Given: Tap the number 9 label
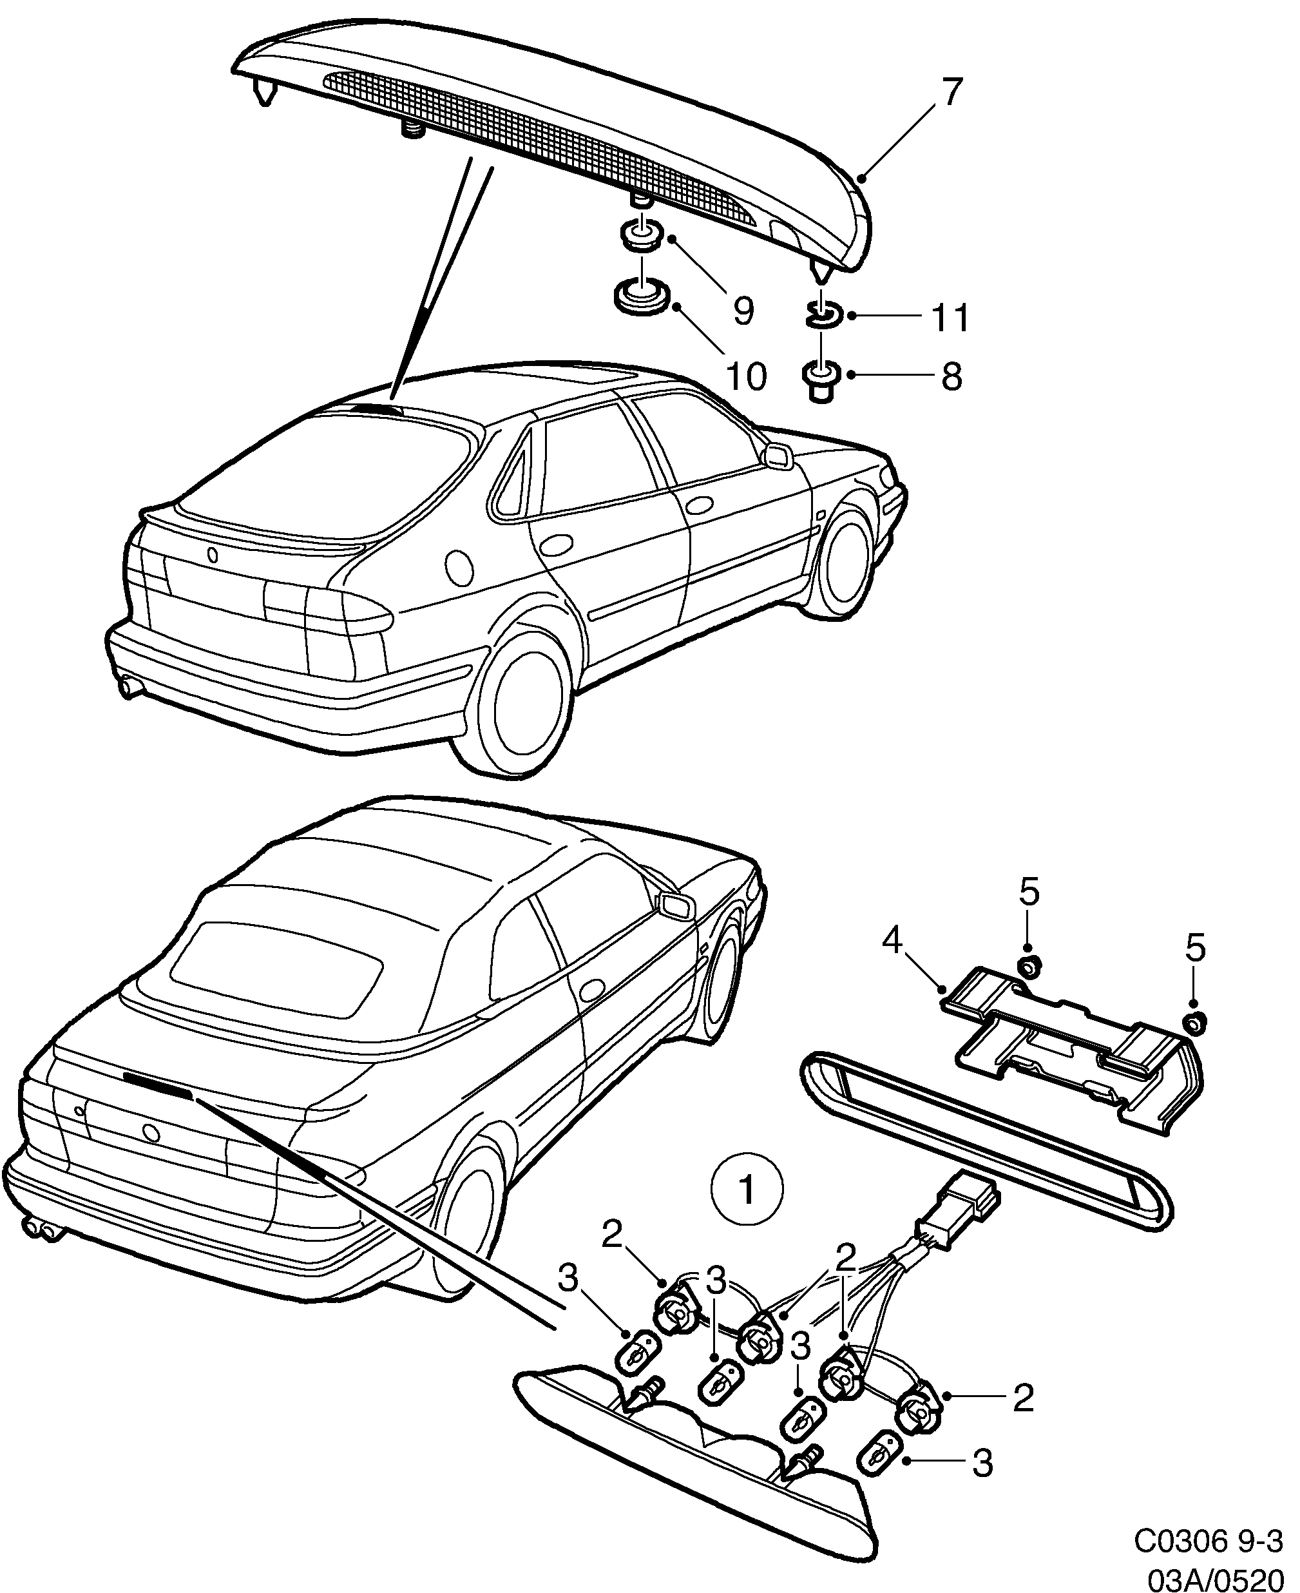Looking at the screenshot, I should (x=742, y=311).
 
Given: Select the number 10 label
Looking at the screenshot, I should (x=746, y=377).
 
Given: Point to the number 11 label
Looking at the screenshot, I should (x=950, y=318).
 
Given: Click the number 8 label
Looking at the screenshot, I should (x=951, y=377).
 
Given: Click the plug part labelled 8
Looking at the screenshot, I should (x=821, y=380).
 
